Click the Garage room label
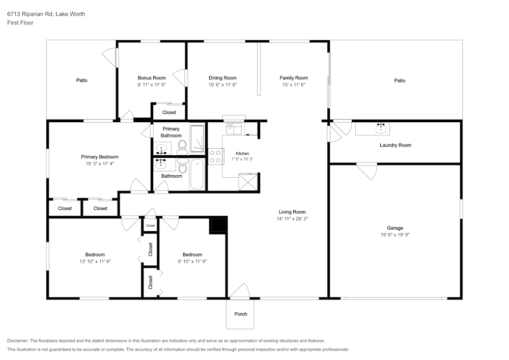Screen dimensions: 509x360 click(x=395, y=228)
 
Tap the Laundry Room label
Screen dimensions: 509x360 click(x=395, y=145)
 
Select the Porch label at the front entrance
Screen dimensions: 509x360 click(x=241, y=314)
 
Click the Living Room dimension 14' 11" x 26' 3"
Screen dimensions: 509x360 click(x=292, y=219)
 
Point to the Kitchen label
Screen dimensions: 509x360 click(x=242, y=154)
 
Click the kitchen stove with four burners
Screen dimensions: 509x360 click(x=215, y=156)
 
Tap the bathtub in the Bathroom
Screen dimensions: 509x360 click(x=196, y=174)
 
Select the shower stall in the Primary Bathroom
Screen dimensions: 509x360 click(x=197, y=139)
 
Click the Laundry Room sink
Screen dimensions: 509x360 click(x=381, y=128)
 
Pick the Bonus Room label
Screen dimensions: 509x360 click(x=152, y=78)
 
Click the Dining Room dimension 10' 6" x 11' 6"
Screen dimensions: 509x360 click(x=223, y=85)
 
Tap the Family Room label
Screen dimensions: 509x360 click(x=294, y=78)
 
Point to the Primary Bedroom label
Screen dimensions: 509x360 click(x=100, y=157)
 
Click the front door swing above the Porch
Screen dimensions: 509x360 click(x=240, y=290)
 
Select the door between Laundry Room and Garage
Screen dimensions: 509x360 click(x=367, y=171)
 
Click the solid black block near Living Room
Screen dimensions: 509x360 click(x=219, y=225)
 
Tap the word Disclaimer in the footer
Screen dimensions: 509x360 click(x=18, y=341)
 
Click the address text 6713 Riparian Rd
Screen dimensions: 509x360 click(x=30, y=14)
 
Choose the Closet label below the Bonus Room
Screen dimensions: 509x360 click(x=169, y=113)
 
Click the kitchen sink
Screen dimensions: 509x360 click(x=233, y=128)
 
